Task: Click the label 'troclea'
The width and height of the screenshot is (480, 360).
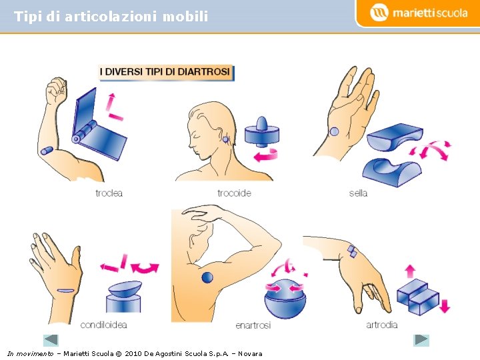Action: pos(109,193)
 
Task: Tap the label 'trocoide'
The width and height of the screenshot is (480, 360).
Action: pos(234,193)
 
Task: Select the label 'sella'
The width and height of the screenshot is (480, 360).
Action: pos(358,193)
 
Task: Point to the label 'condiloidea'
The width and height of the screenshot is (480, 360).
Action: pos(103,325)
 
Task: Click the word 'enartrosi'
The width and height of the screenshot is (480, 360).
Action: pos(253,325)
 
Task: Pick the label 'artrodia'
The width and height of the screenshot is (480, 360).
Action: pos(382,325)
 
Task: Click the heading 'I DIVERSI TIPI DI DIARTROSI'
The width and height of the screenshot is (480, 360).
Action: pos(165,72)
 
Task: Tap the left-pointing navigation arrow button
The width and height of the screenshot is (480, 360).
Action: pos(51,340)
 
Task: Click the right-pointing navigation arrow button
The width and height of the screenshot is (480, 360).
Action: pos(421,340)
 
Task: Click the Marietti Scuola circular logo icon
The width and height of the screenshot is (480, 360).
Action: pos(379,13)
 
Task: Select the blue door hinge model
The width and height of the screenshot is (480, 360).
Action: pos(99,126)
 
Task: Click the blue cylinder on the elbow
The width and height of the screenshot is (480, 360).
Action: pos(47,151)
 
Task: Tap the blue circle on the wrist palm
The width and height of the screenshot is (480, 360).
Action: pos(334,131)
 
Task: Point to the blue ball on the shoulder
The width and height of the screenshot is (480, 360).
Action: pos(207,277)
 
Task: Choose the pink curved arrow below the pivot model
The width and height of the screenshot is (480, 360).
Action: pos(266,155)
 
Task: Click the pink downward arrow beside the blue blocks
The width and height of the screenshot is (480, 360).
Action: pos(445,306)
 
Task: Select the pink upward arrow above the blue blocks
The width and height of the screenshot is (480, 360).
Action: pos(410,271)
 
